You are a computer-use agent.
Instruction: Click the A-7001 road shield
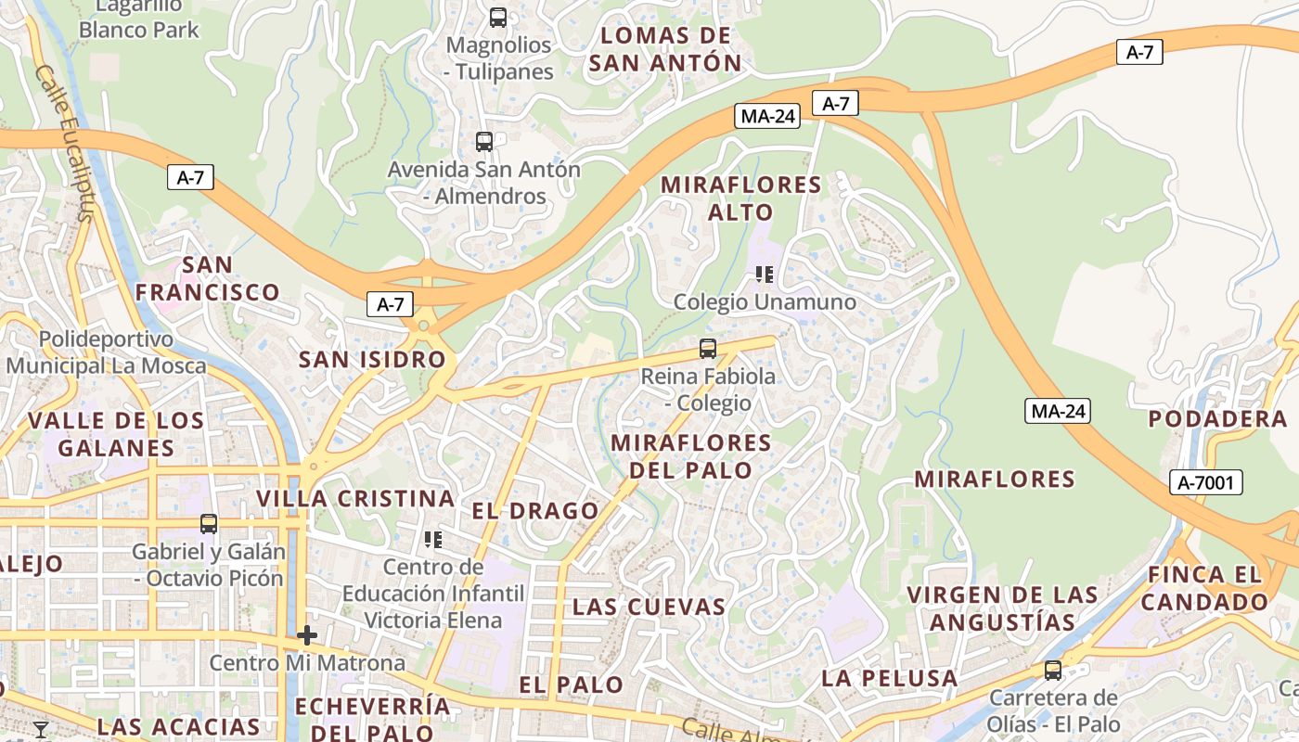point(1205,482)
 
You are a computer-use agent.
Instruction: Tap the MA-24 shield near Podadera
point(1057,411)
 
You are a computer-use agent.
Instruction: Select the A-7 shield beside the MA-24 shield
point(835,103)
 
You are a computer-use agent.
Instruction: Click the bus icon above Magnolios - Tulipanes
point(498,17)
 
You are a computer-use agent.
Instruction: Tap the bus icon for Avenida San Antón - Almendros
point(484,142)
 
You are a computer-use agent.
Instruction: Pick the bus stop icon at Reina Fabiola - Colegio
point(708,349)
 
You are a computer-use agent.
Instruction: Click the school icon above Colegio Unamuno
point(765,275)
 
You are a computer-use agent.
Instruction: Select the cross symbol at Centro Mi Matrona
point(307,635)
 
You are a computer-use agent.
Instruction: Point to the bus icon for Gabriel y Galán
point(209,524)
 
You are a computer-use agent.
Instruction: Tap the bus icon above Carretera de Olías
point(1053,670)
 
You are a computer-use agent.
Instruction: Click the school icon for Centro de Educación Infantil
point(433,539)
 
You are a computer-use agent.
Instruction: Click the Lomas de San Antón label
point(665,49)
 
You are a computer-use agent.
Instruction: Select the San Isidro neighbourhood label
point(371,360)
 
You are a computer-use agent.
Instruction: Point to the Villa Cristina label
point(355,498)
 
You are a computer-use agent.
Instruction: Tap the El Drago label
point(535,511)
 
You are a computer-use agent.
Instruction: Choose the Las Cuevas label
point(649,607)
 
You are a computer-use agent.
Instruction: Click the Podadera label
point(1217,418)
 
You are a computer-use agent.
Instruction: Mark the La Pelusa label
point(889,678)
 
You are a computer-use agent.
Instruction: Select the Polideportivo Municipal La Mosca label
point(106,352)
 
